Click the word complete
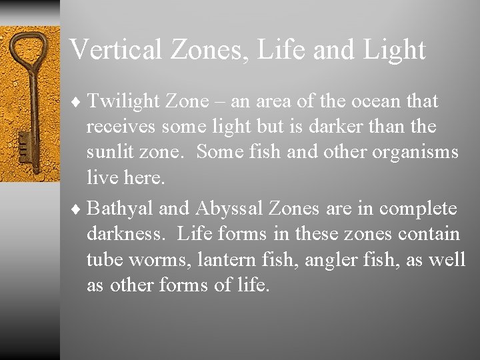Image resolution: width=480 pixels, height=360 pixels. pos(418,209)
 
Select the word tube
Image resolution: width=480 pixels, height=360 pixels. pos(101,259)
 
